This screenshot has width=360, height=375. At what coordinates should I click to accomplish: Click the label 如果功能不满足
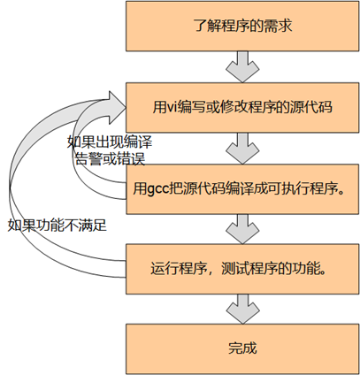(55, 225)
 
